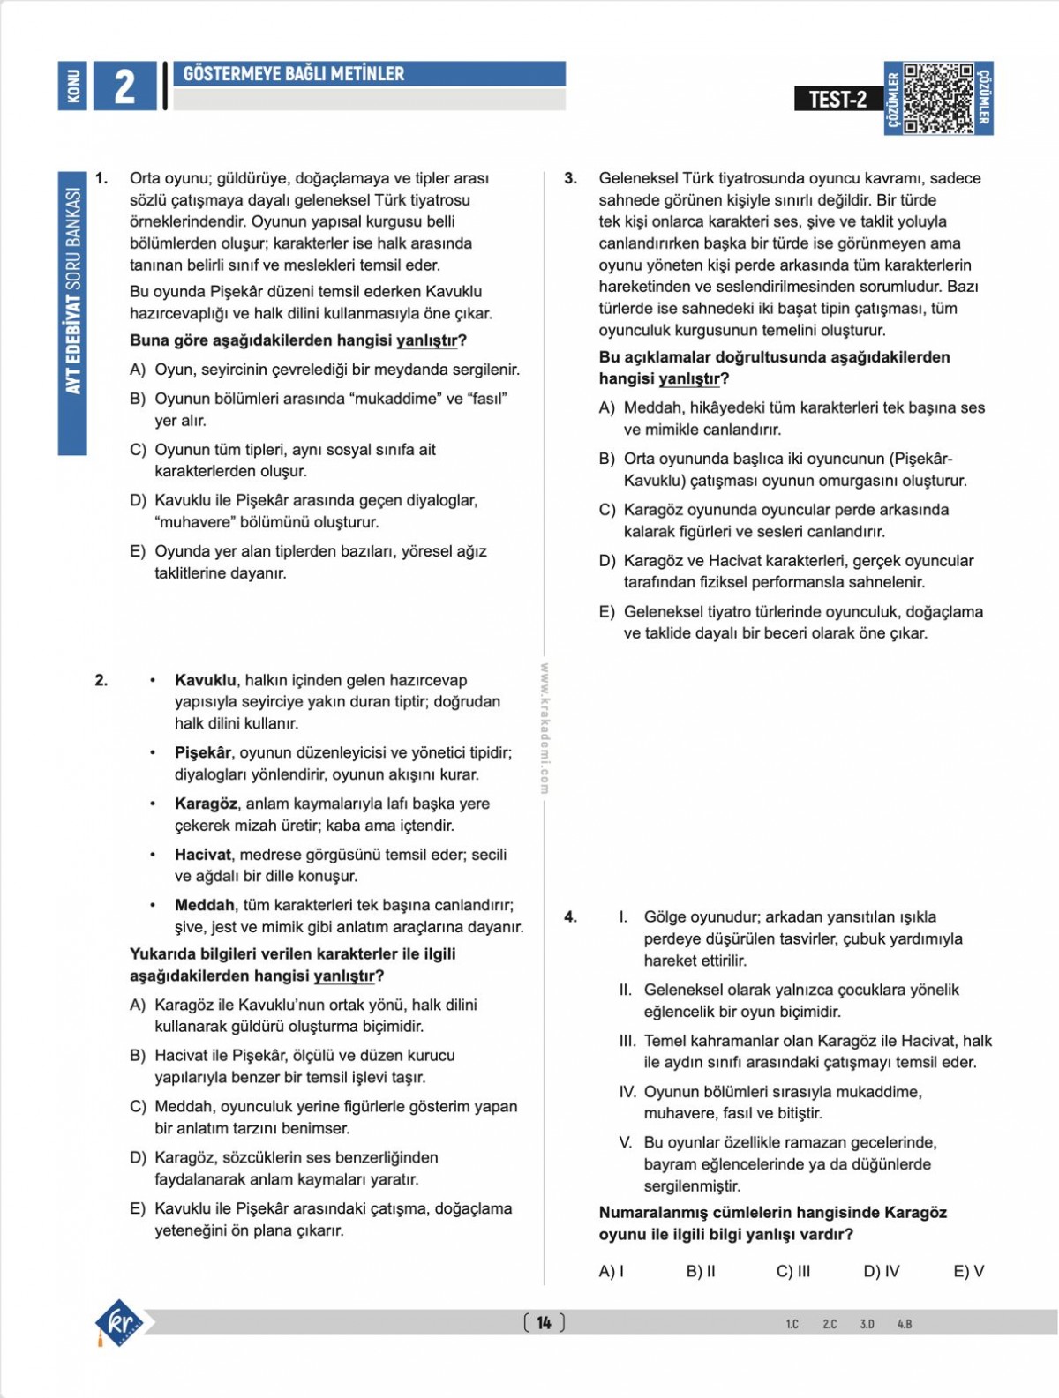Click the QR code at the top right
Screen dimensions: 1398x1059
click(x=938, y=98)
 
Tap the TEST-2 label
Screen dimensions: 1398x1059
click(x=837, y=99)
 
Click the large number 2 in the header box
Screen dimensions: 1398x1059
click(x=124, y=86)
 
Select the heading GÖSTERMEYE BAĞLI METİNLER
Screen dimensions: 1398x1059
click(x=294, y=74)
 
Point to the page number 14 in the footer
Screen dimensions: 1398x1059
click(x=544, y=1322)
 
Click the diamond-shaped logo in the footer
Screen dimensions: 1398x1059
click(x=120, y=1322)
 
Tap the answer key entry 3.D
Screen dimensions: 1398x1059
click(x=867, y=1324)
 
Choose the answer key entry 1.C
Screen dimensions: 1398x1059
click(x=792, y=1324)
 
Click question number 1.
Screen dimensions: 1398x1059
click(x=101, y=178)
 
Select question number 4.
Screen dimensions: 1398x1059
click(x=571, y=917)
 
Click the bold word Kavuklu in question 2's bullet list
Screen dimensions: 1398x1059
click(x=205, y=680)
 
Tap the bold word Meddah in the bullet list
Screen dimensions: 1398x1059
click(x=204, y=905)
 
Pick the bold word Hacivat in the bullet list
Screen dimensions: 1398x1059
click(x=202, y=855)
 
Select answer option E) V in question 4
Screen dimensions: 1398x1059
click(x=968, y=1271)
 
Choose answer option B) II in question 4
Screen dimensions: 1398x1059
click(x=701, y=1271)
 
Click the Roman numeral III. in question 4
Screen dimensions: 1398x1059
click(x=627, y=1041)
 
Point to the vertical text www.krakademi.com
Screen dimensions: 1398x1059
click(x=545, y=729)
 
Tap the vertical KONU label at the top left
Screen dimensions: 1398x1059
click(x=73, y=86)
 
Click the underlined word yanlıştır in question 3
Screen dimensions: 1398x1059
click(x=689, y=379)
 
